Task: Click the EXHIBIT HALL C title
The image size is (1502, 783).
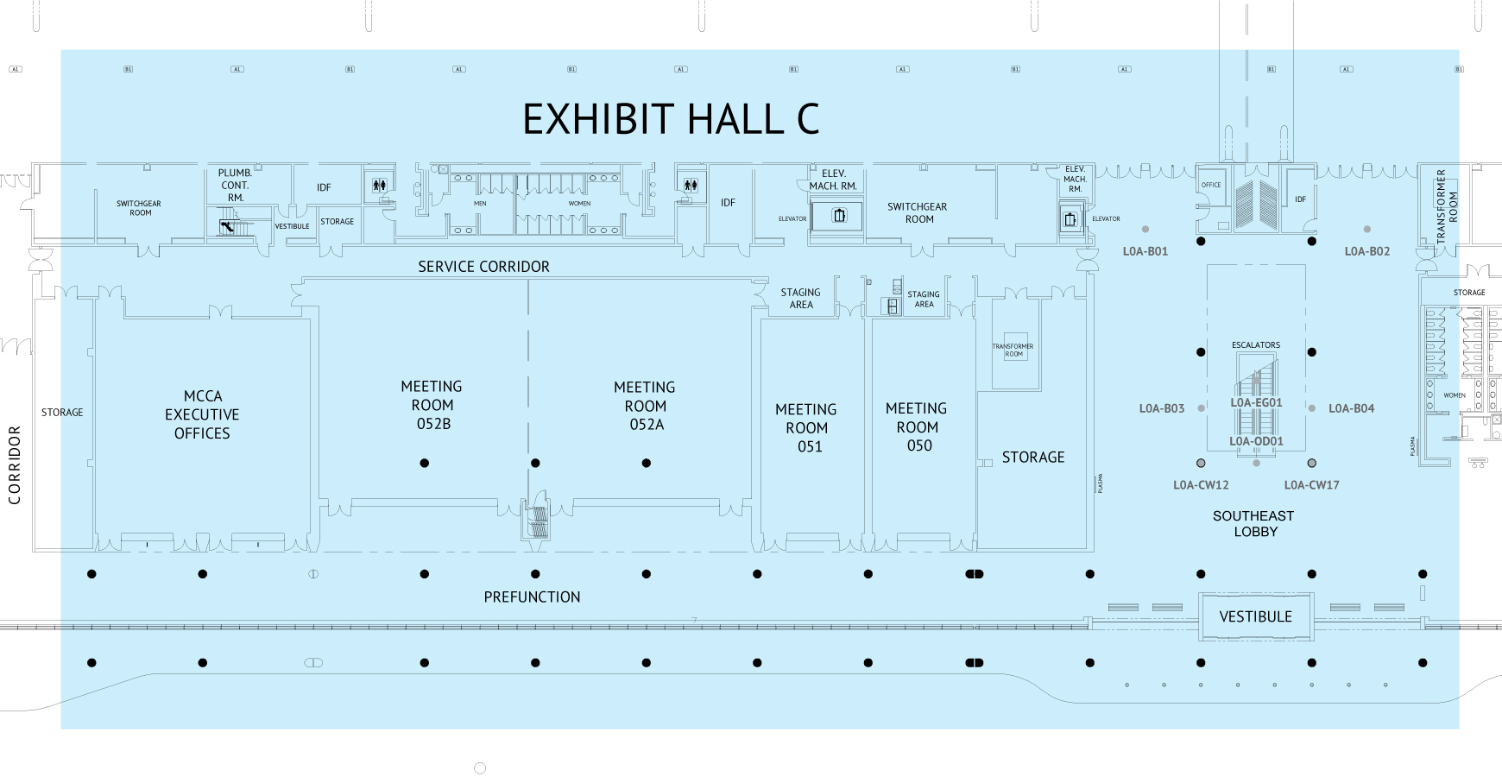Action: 671,119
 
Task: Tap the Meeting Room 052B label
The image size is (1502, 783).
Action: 432,405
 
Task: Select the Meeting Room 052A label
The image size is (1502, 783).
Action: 645,406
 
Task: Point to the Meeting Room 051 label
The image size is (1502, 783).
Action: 806,427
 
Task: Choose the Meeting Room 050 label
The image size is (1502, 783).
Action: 917,426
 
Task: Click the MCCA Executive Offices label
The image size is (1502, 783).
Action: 202,414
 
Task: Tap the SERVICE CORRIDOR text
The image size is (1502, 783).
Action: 483,267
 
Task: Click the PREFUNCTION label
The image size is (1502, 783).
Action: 532,597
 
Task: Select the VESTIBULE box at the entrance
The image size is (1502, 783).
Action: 1255,616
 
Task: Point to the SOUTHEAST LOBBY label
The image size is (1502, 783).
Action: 1253,523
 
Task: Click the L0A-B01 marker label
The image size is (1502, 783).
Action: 1145,251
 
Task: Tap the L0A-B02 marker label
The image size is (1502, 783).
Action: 1366,251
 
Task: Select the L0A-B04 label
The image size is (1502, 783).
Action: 1351,408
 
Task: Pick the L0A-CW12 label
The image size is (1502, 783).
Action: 1201,485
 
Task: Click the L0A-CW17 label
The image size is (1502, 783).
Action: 1311,485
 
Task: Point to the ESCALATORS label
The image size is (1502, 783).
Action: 1256,345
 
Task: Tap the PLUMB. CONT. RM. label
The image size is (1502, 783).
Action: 235,185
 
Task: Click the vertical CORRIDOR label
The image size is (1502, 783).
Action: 15,464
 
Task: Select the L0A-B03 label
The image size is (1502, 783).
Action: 1161,408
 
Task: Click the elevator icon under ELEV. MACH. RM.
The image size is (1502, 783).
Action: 839,216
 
